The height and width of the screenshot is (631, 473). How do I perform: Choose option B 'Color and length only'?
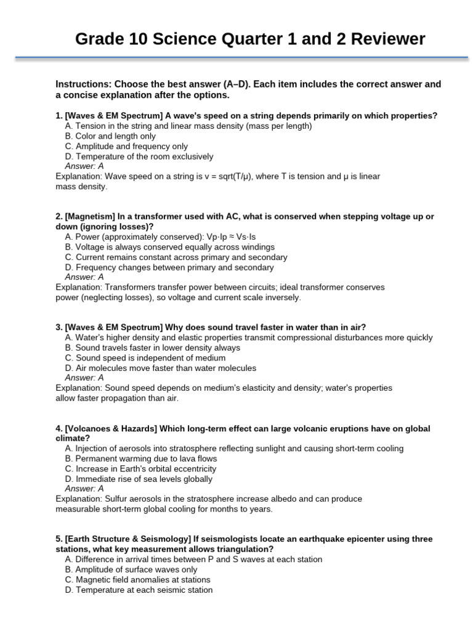(110, 136)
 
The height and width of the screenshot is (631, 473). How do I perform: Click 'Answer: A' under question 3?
(84, 378)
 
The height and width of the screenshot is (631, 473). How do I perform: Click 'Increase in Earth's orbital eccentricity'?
(146, 469)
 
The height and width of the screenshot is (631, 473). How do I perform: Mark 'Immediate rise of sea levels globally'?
(139, 479)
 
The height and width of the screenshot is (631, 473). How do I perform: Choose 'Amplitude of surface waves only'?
(132, 569)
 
